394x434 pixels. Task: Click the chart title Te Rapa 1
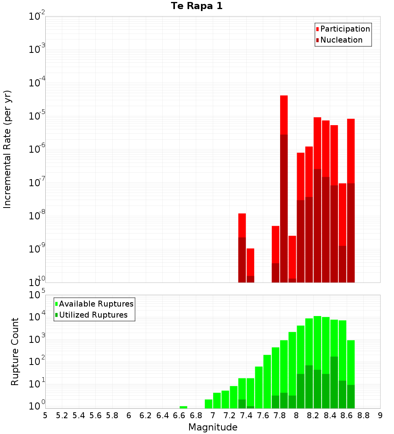[197, 6]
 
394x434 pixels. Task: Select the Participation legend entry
[345, 29]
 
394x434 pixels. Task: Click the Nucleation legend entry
[341, 40]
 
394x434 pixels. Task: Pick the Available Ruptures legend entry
[96, 304]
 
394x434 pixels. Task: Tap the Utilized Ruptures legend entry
[93, 315]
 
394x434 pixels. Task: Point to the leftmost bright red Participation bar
[242, 225]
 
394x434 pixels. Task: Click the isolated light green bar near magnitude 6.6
[183, 407]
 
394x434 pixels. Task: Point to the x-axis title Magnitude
[213, 427]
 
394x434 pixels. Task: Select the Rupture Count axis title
[15, 351]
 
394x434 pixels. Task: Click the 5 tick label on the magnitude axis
[45, 415]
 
